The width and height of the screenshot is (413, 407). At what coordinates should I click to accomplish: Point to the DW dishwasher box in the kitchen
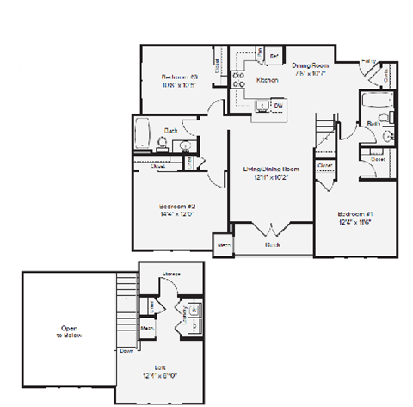pos(278,105)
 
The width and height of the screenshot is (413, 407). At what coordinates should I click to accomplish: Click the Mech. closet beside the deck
pos(225,244)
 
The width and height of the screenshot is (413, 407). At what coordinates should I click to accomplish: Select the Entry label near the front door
pos(368,61)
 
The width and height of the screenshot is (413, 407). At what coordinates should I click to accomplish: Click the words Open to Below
pos(69,332)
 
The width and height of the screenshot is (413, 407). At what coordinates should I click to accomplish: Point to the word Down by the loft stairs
pos(126,351)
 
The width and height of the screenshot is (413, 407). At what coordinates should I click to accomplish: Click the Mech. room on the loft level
pos(147,328)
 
